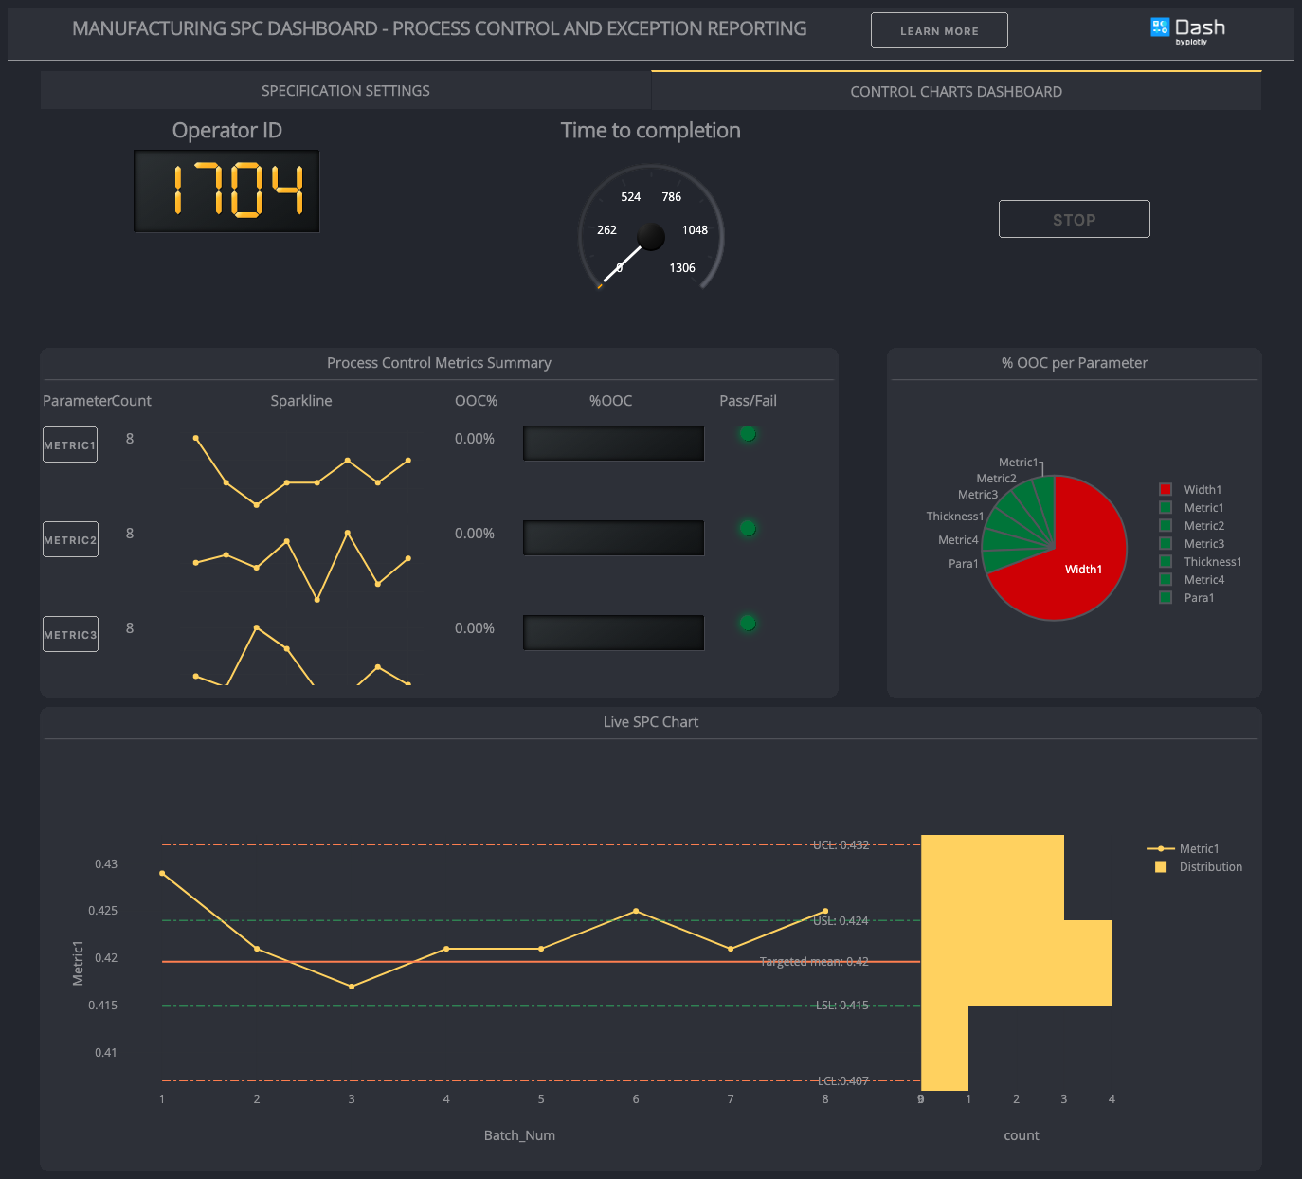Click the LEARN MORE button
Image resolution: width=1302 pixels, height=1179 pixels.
coord(939,30)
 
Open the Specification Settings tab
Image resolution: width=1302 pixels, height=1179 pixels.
coord(345,91)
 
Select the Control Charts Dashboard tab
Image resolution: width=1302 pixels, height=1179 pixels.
coord(955,92)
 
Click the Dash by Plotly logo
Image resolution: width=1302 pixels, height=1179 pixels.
coord(1187,29)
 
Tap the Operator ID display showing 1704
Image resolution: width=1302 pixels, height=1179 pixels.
coord(226,190)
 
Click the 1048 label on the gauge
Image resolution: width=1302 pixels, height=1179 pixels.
coord(695,230)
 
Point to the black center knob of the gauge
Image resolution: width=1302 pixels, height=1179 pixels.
coord(651,235)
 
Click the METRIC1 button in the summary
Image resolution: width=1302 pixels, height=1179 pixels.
coord(70,444)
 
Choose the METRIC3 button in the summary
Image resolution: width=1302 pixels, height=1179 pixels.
coord(70,634)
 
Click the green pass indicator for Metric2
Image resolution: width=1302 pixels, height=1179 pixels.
coord(748,529)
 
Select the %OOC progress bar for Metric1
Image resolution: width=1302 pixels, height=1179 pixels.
coord(613,444)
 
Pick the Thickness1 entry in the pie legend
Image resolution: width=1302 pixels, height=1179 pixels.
coord(1212,562)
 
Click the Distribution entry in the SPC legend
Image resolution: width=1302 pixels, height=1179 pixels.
coord(1210,867)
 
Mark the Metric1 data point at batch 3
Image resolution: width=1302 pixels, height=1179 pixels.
coord(352,987)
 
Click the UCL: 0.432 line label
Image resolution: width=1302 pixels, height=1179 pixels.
coord(841,844)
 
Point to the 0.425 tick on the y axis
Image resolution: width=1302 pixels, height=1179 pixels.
coord(103,911)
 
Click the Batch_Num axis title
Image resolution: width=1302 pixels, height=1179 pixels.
coord(519,1135)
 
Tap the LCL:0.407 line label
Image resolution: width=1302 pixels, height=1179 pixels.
coord(843,1081)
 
